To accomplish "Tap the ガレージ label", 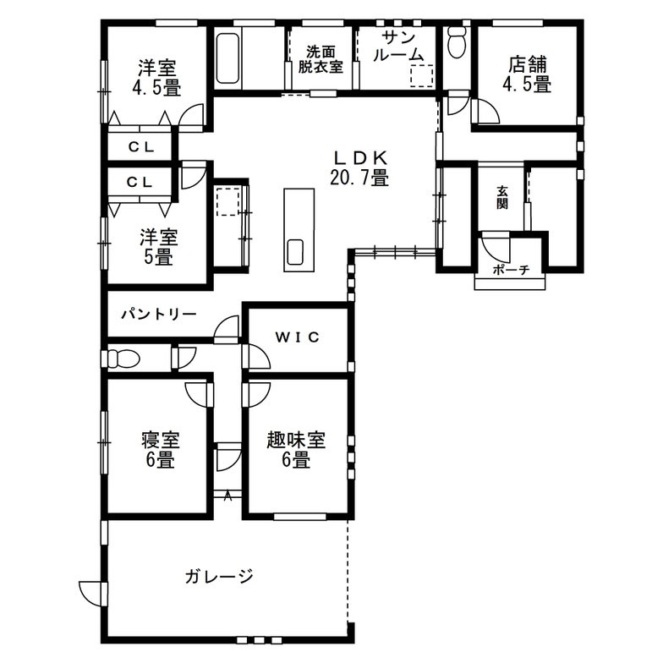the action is (218, 577).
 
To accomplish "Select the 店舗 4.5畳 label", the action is (527, 74).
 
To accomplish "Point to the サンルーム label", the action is (398, 47).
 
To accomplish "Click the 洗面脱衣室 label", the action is (321, 59).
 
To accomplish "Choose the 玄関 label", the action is (502, 198).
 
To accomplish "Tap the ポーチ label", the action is (511, 269).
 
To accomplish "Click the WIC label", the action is (298, 337).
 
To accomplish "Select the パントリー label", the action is (159, 315).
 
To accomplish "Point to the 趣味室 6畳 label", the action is (296, 450).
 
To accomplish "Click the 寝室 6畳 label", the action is (161, 450).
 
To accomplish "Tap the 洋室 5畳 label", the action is (159, 247).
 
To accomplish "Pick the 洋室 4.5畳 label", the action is (156, 78).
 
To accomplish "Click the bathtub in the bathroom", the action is (228, 59).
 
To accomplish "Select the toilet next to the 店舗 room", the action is (457, 42).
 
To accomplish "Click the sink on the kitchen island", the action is (294, 252).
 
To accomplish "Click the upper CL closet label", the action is (141, 147).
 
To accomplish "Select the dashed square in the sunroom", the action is (421, 76).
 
